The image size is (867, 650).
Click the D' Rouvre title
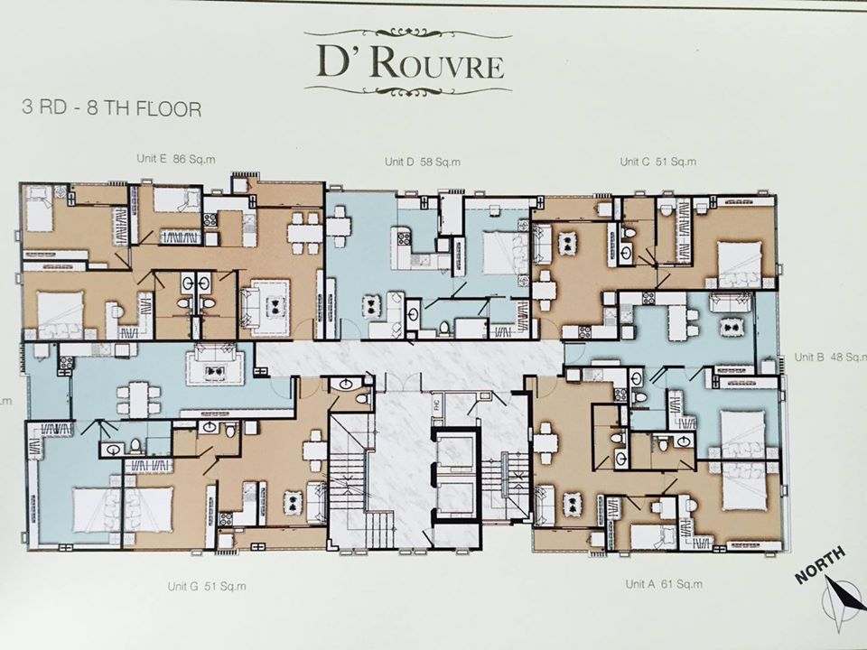click(410, 63)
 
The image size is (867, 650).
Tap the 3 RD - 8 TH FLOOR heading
click(111, 107)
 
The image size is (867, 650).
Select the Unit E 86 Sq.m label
click(176, 159)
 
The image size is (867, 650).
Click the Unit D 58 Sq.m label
click(423, 162)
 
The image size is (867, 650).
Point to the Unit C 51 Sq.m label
click(658, 162)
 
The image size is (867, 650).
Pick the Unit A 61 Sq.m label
click(664, 584)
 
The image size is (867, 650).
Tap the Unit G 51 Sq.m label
click(207, 587)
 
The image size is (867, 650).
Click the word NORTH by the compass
click(821, 563)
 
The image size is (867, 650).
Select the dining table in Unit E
click(304, 233)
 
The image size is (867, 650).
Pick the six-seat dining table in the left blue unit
click(139, 400)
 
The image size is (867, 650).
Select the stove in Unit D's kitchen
click(403, 239)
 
